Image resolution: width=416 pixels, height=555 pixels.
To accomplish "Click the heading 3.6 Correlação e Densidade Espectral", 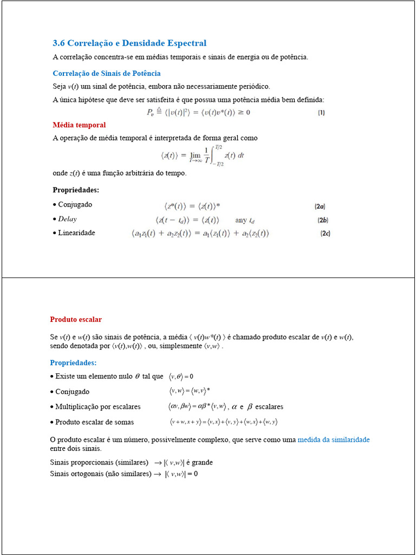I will [129, 43].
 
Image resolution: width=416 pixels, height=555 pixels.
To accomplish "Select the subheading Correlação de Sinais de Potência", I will [107, 73].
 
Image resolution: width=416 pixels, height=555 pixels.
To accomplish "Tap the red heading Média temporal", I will [79, 125].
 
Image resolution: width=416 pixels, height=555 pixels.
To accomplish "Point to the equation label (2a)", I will [320, 206].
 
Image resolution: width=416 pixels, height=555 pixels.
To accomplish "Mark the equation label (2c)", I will [324, 234].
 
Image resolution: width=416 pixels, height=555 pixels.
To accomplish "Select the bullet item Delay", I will [67, 219].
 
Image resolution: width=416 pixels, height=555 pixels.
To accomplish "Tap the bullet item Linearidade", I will [76, 233].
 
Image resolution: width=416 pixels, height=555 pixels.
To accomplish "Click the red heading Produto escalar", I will [76, 320].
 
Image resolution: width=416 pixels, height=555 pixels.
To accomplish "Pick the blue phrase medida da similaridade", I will [334, 440].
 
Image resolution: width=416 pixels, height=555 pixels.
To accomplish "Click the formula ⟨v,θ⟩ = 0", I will [181, 376].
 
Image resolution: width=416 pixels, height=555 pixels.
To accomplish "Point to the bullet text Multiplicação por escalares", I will [97, 406].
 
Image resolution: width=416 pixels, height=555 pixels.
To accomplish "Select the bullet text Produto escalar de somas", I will [94, 422].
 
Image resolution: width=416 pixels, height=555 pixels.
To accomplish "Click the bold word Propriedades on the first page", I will [76, 190].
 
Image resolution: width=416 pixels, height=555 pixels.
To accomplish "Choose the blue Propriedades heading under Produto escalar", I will [73, 363].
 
